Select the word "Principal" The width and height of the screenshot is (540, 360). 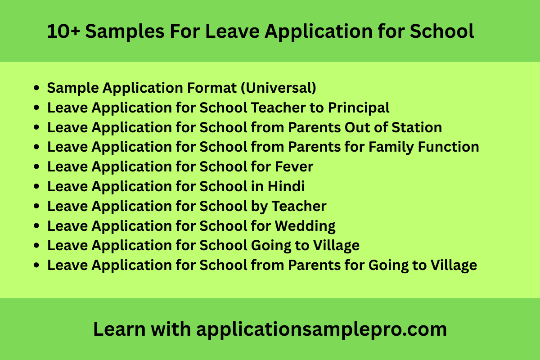pos(359,108)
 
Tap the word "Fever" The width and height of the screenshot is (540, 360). pos(294,167)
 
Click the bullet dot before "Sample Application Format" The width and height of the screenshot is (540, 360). pos(37,88)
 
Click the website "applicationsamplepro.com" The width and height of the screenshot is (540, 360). pos(321,330)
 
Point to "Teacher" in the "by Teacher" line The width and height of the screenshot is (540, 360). pos(299,206)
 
